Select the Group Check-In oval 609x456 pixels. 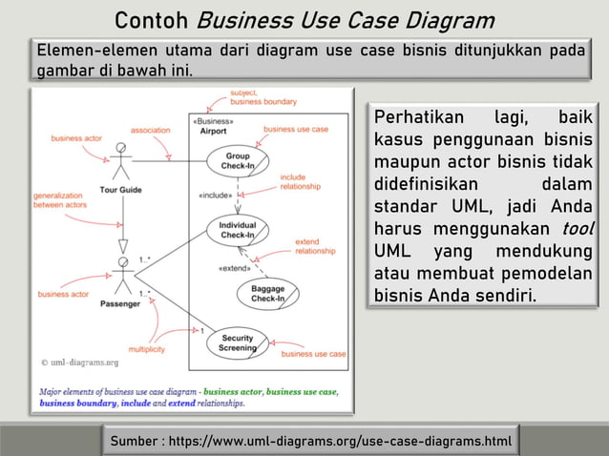238,160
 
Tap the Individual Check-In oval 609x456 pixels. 238,230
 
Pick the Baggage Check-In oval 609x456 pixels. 267,293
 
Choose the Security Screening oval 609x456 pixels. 238,342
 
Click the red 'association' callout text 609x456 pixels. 150,130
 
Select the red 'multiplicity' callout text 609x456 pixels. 147,349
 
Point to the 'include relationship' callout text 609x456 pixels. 300,181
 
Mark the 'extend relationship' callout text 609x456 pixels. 314,246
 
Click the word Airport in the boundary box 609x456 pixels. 214,132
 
